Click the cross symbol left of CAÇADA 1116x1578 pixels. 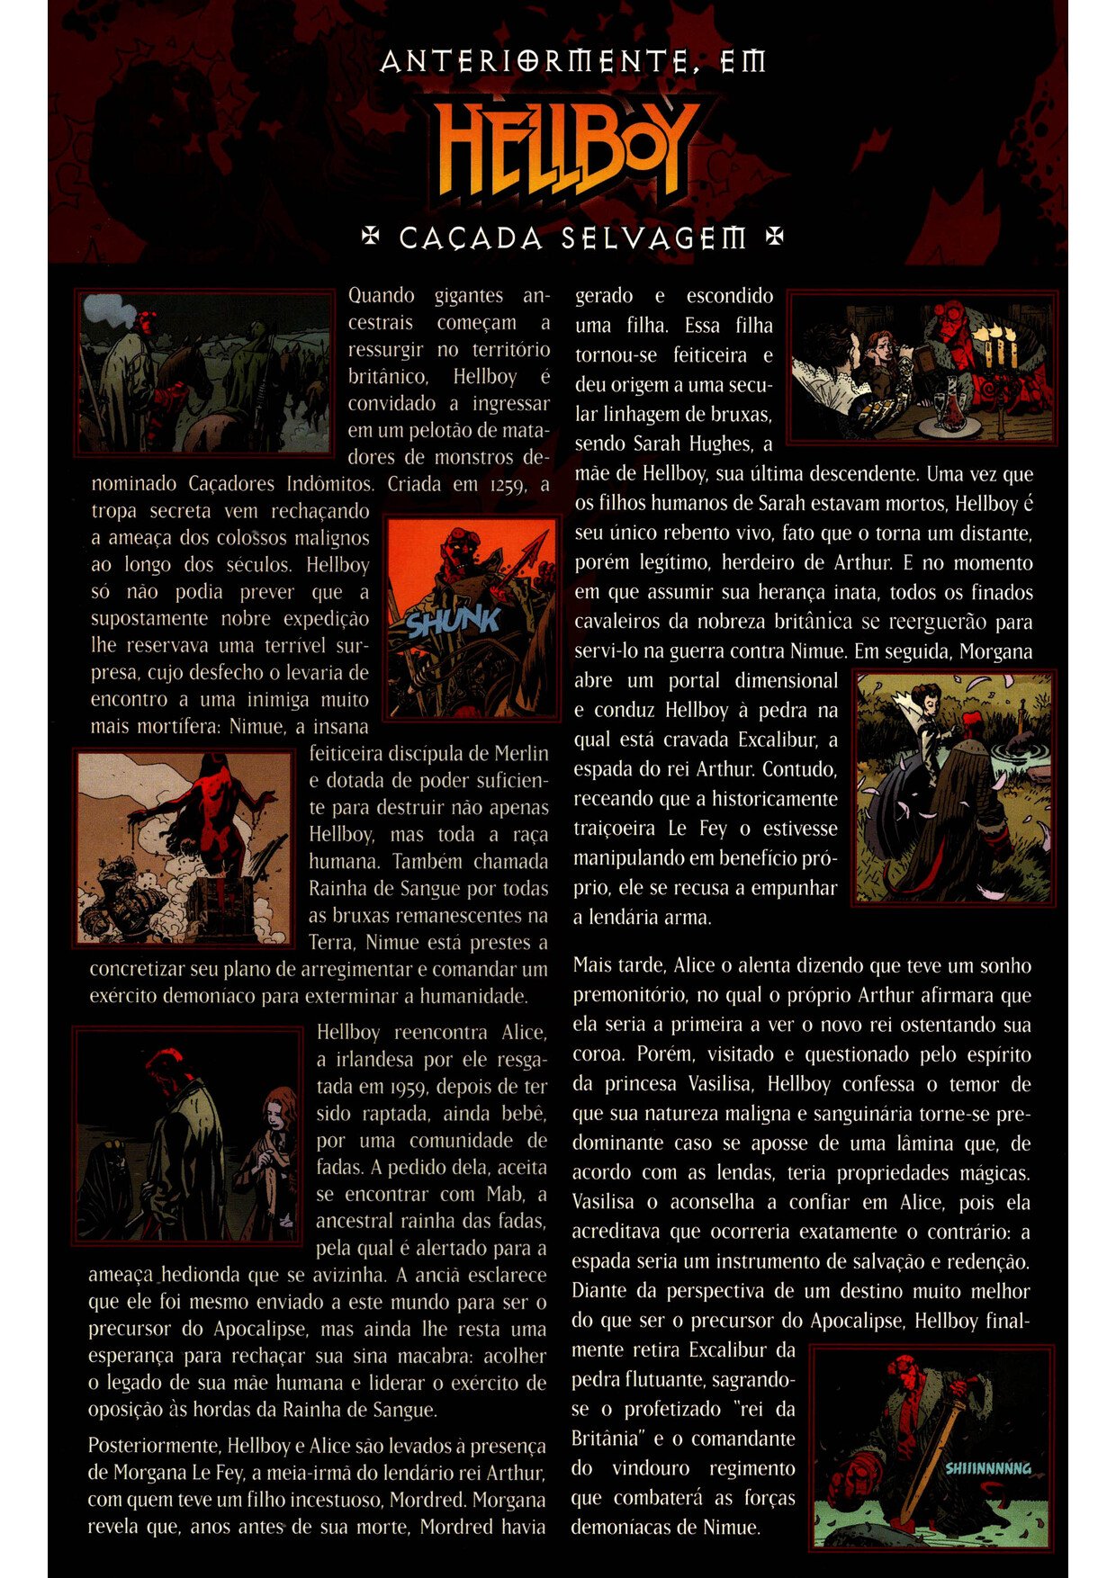[369, 238]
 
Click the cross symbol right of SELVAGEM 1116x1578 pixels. [773, 238]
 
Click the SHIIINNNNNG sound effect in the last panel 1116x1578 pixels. [987, 1468]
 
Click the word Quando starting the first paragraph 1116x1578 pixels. [381, 296]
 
